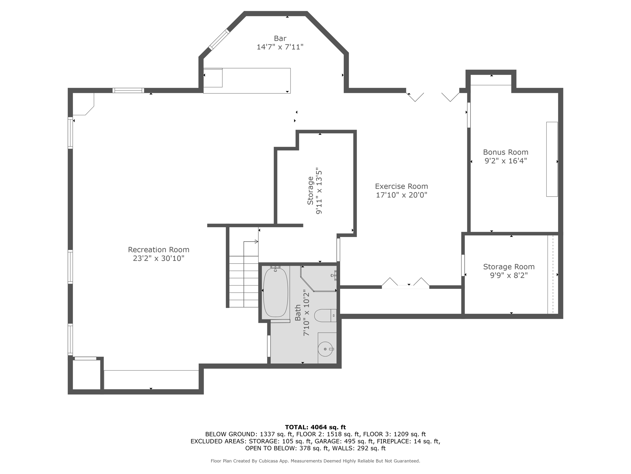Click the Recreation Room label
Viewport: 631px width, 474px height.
point(159,250)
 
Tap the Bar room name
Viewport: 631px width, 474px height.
point(280,38)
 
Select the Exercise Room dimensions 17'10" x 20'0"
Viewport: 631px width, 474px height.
point(401,195)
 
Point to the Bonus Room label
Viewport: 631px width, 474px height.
point(506,152)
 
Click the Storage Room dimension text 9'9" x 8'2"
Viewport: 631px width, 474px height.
point(509,275)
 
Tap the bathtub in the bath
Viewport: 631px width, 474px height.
point(275,292)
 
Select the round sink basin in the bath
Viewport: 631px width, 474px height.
point(325,349)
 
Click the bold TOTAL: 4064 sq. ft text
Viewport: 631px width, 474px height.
point(315,427)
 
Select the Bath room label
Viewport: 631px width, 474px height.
point(298,313)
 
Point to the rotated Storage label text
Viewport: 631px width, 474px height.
point(311,191)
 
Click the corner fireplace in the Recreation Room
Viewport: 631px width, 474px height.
point(83,104)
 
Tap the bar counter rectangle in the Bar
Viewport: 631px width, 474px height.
point(247,81)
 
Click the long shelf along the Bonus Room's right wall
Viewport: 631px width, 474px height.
point(552,159)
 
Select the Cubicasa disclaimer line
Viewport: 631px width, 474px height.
point(315,461)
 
